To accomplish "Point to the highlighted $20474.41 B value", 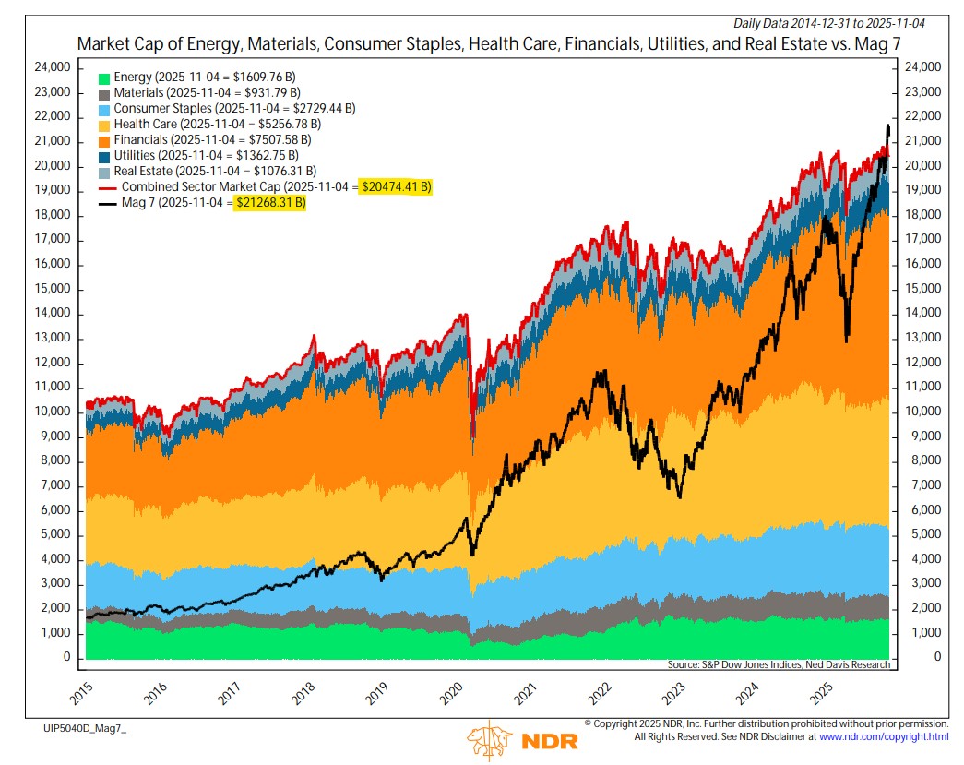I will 394,186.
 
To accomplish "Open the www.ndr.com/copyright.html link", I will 883,736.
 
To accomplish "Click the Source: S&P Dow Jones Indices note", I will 778,664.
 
